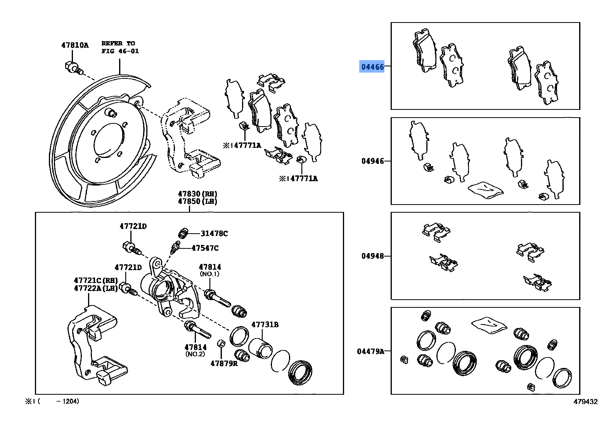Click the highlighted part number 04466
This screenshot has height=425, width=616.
[x=372, y=67]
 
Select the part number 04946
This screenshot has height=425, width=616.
[x=372, y=161]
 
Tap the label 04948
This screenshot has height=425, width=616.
[x=372, y=256]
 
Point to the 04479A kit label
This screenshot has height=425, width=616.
[x=370, y=352]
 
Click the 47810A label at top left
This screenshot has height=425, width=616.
[x=75, y=45]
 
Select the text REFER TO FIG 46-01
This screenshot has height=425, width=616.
[x=120, y=47]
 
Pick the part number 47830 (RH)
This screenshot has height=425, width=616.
[x=197, y=194]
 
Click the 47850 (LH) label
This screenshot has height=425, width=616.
[x=197, y=201]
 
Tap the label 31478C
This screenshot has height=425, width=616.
[x=214, y=234]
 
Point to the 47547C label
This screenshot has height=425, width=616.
[x=205, y=248]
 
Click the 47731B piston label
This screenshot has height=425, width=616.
[x=265, y=325]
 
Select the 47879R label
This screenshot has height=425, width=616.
[x=224, y=364]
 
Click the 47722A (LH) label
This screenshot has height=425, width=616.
[x=95, y=288]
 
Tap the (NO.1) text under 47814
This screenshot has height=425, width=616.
[x=209, y=274]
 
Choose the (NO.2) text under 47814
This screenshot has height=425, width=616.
[x=195, y=354]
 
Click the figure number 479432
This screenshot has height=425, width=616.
[x=585, y=402]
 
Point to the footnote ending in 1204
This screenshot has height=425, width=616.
[x=52, y=401]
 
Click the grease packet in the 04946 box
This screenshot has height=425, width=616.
[x=485, y=190]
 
